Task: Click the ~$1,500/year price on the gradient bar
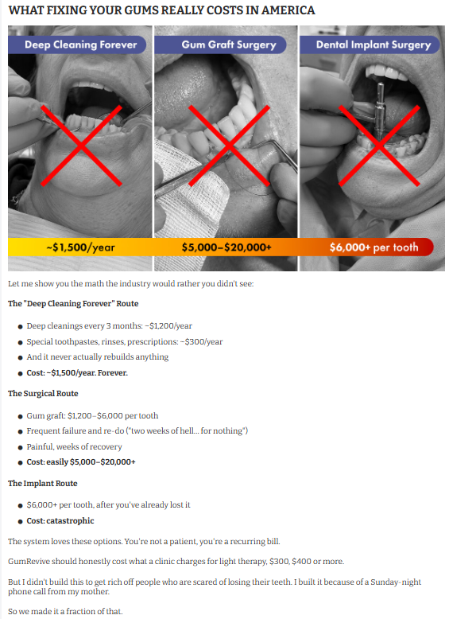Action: [81, 247]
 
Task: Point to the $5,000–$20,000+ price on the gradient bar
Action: [226, 247]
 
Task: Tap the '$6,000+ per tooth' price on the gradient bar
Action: [374, 247]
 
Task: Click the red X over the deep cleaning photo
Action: [81, 146]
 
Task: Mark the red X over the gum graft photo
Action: [229, 146]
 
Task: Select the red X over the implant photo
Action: [379, 146]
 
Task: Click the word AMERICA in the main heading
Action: [288, 10]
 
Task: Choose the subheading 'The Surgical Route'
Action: [43, 393]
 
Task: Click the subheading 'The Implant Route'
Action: [43, 483]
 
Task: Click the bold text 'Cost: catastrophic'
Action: [60, 520]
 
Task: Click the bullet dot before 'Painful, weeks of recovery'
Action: [21, 447]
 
